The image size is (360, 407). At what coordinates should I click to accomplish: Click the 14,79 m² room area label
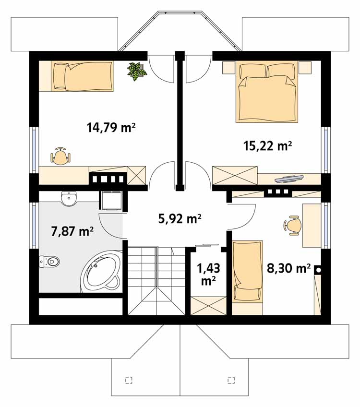pos(111,128)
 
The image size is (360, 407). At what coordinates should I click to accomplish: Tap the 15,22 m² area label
pos(267,146)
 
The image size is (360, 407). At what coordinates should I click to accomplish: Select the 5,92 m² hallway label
pos(180,218)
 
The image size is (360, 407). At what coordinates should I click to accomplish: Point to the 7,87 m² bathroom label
pos(72,231)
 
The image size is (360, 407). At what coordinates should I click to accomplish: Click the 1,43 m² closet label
pos(208,274)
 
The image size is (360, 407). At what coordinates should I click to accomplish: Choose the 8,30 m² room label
pos(288,269)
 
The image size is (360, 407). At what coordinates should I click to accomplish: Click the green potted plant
pos(137,71)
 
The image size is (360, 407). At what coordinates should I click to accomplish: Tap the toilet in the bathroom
pos(49,262)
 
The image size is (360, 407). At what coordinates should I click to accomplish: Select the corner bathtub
pos(101,272)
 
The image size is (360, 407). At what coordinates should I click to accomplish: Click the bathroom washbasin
pos(69,199)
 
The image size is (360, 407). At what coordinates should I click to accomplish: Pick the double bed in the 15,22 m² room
pos(267,92)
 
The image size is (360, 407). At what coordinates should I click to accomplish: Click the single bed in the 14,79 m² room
pos(76,76)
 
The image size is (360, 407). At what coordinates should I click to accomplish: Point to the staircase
pos(156,281)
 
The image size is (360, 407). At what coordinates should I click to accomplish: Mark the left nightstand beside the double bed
pos(228,68)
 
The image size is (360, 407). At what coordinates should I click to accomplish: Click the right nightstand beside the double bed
pos(305,68)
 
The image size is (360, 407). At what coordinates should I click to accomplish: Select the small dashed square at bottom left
pos(129,380)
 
